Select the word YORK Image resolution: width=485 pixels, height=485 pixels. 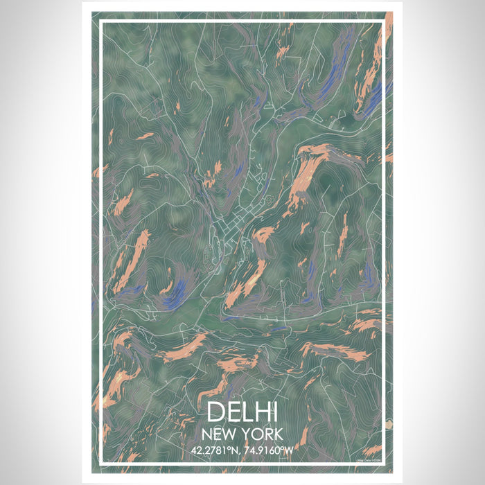click(261, 434)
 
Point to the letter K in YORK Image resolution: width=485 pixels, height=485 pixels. click(279, 434)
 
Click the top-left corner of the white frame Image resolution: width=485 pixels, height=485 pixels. click(101, 21)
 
